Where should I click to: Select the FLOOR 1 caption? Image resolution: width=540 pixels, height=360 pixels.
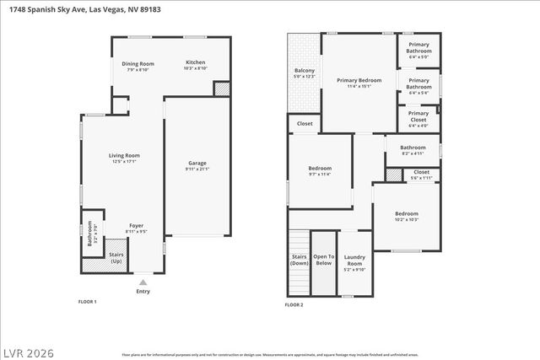coord(88,302)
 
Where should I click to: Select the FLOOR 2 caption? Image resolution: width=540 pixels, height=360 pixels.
coord(294,304)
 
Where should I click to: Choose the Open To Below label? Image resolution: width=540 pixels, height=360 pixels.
coord(324,260)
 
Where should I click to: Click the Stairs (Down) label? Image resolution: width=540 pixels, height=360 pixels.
coord(299,260)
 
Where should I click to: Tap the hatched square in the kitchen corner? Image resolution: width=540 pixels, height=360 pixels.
coord(222,89)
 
